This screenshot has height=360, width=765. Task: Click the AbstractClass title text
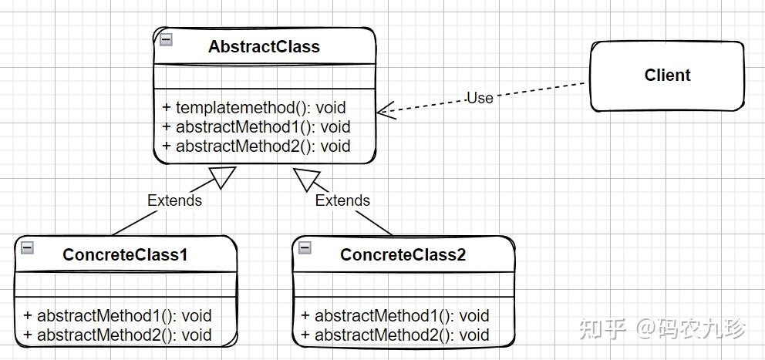[264, 46]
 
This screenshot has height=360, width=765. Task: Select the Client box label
[667, 75]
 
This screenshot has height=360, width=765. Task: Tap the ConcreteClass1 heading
[125, 254]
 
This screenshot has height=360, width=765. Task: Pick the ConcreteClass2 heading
[403, 254]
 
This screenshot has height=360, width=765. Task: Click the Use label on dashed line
[480, 98]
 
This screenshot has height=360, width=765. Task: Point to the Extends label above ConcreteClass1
[174, 200]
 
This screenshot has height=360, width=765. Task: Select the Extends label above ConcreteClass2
[342, 200]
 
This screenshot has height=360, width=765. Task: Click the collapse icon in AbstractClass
[167, 40]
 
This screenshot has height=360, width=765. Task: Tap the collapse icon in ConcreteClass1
[27, 247]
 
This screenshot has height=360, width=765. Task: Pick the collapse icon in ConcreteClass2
[305, 247]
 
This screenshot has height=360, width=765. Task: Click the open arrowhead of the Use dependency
[386, 112]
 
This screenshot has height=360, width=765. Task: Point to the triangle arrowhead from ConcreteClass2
[306, 178]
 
